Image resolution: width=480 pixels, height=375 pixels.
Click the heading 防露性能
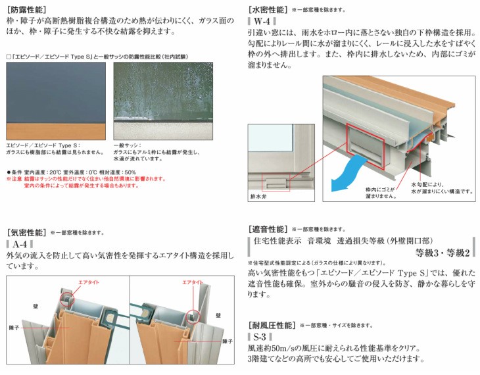(x=26, y=10)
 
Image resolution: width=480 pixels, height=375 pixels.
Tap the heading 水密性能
(x=268, y=10)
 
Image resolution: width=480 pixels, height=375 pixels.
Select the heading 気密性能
(x=26, y=232)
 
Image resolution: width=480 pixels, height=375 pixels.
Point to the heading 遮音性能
(x=268, y=229)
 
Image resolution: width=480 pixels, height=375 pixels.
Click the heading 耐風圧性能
(x=272, y=325)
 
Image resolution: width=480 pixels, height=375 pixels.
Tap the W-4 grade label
(x=262, y=21)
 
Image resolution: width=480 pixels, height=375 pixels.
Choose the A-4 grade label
(x=20, y=244)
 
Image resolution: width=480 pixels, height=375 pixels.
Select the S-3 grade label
(x=260, y=337)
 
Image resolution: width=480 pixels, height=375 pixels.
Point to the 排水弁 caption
(x=258, y=197)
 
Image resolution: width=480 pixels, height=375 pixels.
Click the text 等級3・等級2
(x=443, y=253)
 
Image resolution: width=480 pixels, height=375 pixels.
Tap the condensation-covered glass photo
(x=163, y=101)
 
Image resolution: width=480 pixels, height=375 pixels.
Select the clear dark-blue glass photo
(x=56, y=101)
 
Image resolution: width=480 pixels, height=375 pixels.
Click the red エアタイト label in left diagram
(x=89, y=282)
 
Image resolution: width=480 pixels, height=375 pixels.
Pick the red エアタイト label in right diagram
(x=193, y=282)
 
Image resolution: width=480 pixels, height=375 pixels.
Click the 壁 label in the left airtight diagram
(x=36, y=306)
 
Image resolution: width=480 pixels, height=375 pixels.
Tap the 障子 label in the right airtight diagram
(x=228, y=341)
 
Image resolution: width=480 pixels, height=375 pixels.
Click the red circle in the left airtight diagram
(x=66, y=299)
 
